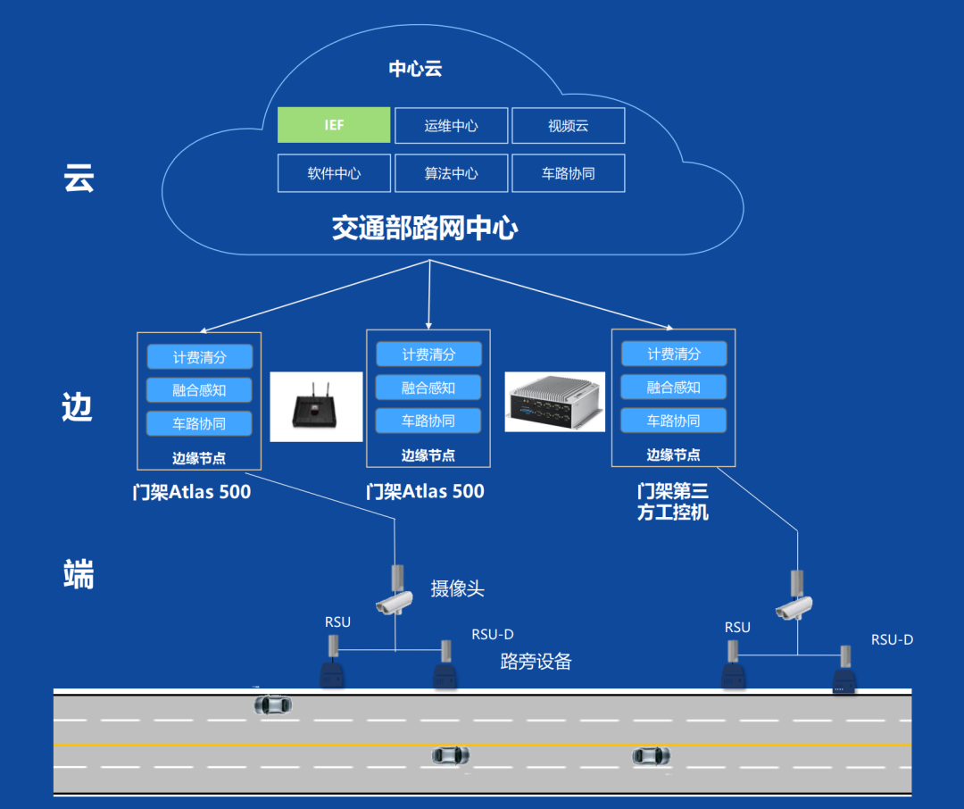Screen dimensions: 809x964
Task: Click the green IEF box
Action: click(x=334, y=125)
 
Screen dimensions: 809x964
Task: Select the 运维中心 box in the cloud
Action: click(x=452, y=126)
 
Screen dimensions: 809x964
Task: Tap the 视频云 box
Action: click(x=569, y=126)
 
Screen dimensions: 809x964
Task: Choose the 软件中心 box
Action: click(x=334, y=173)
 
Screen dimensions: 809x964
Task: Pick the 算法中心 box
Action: click(x=452, y=173)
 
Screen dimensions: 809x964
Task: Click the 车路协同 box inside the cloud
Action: click(x=569, y=173)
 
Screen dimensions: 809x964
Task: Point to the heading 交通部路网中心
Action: click(x=425, y=229)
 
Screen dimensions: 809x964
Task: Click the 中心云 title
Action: click(x=415, y=69)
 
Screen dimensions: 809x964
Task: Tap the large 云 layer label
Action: click(x=79, y=179)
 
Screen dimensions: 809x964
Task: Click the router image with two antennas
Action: click(x=316, y=407)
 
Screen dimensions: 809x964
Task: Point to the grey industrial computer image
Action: click(x=554, y=402)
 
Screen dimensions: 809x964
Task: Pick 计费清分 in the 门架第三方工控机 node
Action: click(x=674, y=354)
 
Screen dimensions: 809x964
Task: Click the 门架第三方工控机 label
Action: click(x=673, y=502)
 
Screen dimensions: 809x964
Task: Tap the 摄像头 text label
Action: click(x=457, y=588)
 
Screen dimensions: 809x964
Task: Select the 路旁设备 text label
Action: click(x=536, y=662)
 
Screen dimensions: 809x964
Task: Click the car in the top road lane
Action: click(x=272, y=705)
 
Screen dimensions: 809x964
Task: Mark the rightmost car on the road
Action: click(x=651, y=755)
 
